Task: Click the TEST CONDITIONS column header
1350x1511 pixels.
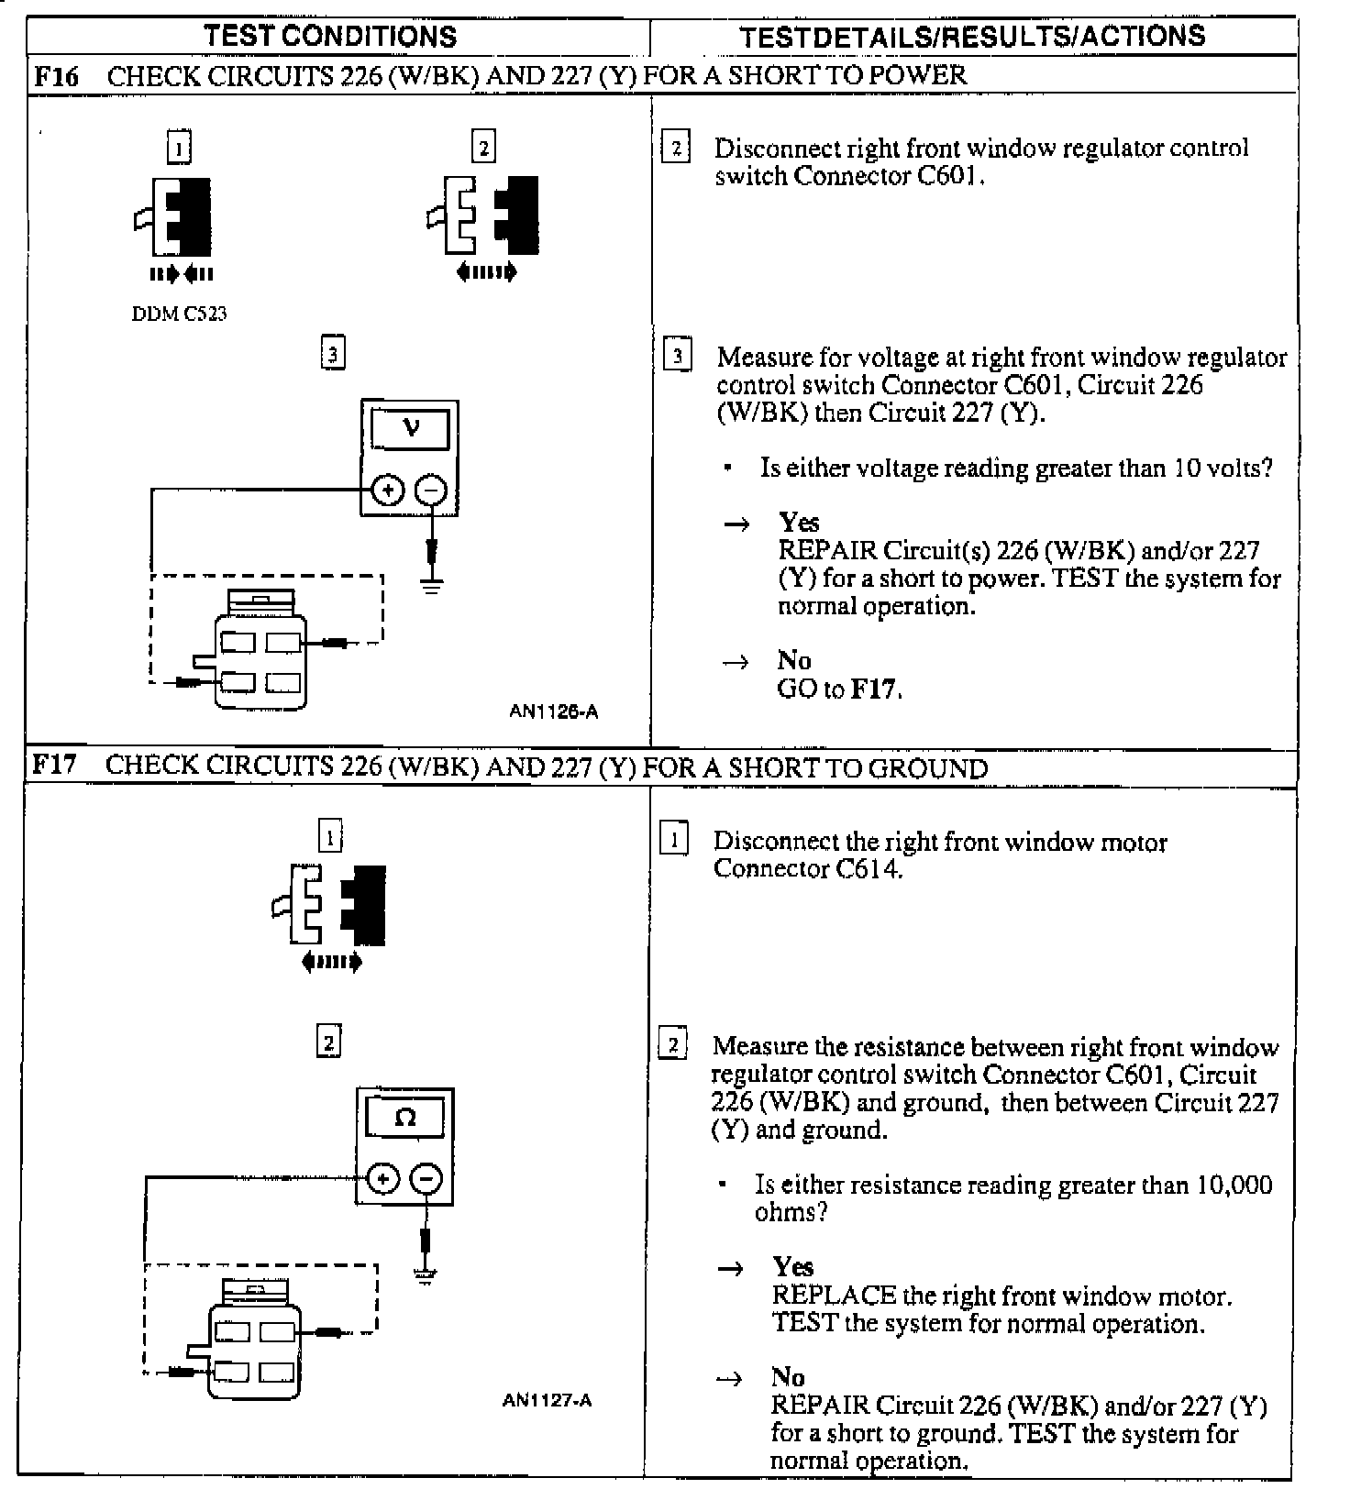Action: pos(330,37)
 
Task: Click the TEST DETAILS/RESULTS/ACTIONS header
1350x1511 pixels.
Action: pos(972,37)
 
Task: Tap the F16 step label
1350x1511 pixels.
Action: pos(56,75)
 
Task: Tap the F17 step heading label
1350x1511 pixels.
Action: pos(54,765)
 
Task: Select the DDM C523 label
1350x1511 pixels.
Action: pos(180,314)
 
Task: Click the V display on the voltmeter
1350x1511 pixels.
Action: pos(410,428)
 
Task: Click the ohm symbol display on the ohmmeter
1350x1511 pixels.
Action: pos(404,1118)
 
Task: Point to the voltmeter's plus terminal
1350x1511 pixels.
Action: pos(387,491)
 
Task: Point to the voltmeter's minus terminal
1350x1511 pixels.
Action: pos(432,491)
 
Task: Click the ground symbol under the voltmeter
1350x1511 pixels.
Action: pos(432,584)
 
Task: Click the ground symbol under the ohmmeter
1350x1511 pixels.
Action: pos(426,1274)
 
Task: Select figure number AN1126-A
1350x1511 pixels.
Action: pos(554,711)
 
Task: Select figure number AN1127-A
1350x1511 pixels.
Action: pos(548,1400)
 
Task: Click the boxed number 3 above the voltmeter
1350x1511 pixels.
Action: pos(334,354)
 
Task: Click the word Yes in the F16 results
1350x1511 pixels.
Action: pos(799,523)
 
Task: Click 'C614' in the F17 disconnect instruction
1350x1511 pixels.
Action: pos(868,868)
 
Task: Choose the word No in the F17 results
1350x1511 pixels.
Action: pos(788,1377)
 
